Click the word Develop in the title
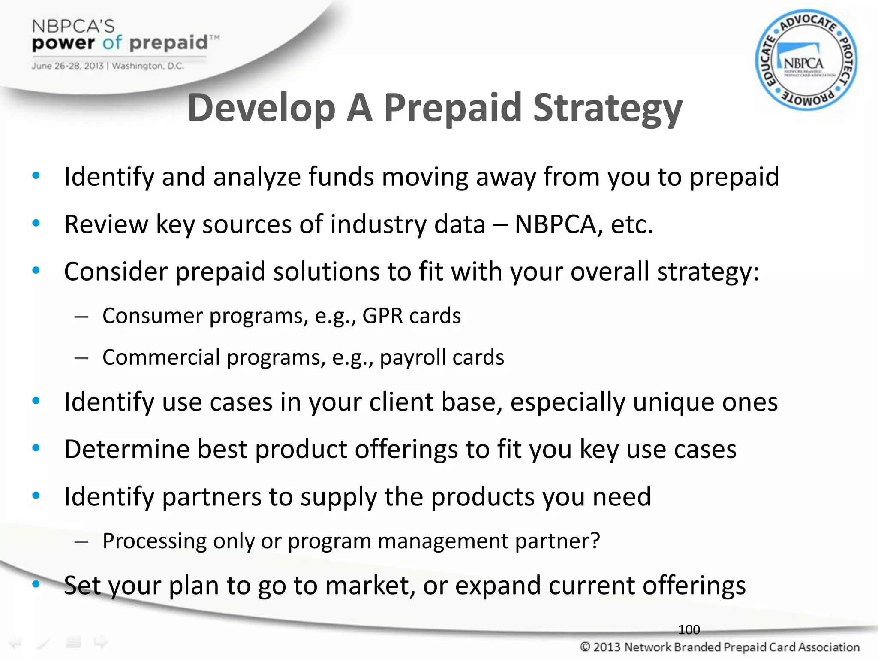pos(261,108)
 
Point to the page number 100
pos(689,629)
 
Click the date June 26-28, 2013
pos(67,66)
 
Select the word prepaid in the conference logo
pos(168,43)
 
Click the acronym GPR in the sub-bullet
pos(382,316)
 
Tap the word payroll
pos(412,357)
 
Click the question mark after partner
pos(595,541)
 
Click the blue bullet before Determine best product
pos(36,448)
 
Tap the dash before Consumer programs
pos(81,317)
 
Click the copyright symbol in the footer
pos(585,647)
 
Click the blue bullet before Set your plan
pos(36,584)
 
